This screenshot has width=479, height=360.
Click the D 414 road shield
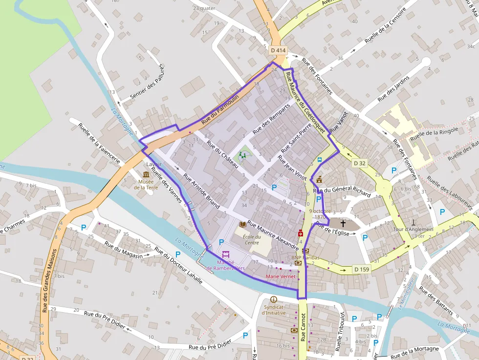point(278,50)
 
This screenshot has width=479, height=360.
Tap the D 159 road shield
point(361,269)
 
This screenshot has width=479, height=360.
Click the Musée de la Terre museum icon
point(146,174)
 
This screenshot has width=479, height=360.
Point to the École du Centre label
point(251,239)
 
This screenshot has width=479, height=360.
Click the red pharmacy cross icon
point(301,233)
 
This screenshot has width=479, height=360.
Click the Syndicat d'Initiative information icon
point(273,299)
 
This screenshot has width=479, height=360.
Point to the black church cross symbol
point(343,224)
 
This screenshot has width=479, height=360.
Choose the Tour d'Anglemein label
point(414,229)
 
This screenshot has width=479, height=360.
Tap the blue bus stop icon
point(320,160)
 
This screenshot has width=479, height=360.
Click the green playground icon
point(242,156)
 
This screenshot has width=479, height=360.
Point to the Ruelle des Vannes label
point(167,185)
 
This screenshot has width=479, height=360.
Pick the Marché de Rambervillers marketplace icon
point(226,254)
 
